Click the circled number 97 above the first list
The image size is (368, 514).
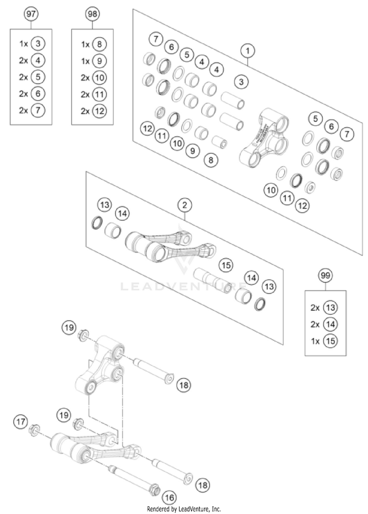pos(31,14)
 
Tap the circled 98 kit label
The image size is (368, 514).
pos(92,14)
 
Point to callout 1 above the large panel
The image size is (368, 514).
pos(248,50)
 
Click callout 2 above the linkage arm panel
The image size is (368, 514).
pos(185,204)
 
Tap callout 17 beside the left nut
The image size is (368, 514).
pos(21,421)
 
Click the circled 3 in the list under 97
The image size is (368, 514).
pos(37,44)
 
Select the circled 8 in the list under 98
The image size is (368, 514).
pos(99,44)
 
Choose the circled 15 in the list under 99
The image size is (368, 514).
pos(331,341)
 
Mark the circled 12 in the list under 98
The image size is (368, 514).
pos(99,111)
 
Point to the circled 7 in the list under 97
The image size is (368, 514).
pos(37,110)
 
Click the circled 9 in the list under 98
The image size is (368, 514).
pos(99,61)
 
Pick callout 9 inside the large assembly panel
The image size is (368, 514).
pos(193,151)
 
